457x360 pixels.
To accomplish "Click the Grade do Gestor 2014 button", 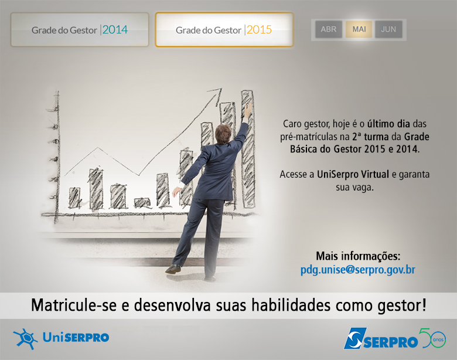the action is [80, 29].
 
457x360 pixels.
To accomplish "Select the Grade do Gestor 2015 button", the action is [224, 29].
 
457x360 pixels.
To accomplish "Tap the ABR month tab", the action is [329, 29].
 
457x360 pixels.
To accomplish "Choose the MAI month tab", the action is [359, 29].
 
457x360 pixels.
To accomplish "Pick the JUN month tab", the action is [388, 29].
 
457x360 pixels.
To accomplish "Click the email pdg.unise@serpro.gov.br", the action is [357, 270].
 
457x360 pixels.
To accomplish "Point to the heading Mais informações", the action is [358, 256].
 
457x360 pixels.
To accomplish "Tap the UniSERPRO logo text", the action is [76, 338].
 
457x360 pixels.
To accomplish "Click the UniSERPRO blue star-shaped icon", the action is [25, 339].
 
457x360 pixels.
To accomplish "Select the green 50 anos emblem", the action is [432, 338].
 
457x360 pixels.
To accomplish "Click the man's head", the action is [223, 134].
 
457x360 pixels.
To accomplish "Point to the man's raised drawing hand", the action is [248, 110].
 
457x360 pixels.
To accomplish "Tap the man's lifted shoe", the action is [173, 269].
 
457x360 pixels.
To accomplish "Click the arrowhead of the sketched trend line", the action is [216, 94].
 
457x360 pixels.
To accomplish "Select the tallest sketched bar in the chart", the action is [248, 149].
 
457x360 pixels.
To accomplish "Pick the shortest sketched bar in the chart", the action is [142, 203].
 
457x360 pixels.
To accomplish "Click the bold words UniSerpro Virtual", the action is [353, 174].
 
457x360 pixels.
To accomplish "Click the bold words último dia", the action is [388, 124].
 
